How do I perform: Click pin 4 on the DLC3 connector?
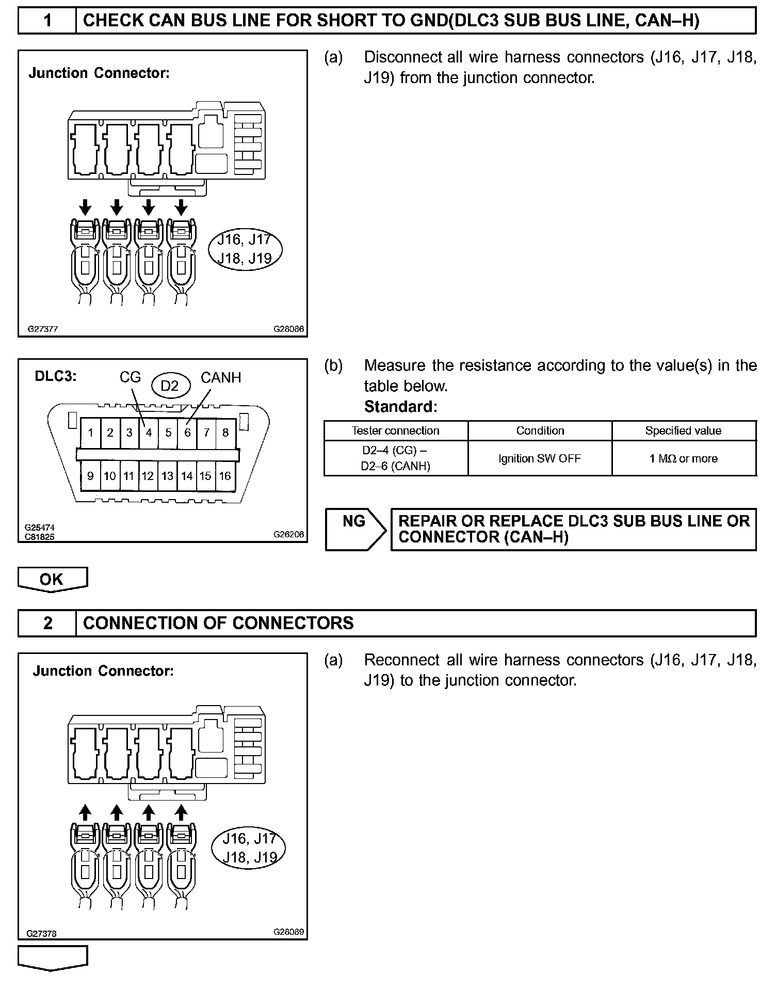coord(149,433)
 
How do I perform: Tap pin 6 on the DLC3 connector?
coord(187,433)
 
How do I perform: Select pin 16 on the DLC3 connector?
coord(225,476)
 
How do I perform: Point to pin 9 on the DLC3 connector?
coord(90,476)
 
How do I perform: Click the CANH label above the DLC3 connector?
coord(221,378)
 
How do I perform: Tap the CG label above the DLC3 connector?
coord(130,377)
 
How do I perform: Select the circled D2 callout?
coord(170,386)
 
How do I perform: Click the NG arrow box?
coord(355,529)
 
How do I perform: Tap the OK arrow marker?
coord(52,579)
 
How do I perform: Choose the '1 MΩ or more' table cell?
coord(684,458)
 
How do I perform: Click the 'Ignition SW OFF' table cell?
coord(540,458)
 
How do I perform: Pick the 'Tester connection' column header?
coord(396,431)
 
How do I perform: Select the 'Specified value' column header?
coord(684,431)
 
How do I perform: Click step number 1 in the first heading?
coord(47,21)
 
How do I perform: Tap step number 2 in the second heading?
coord(47,624)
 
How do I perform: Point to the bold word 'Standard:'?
coord(401,407)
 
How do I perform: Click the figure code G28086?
coord(289,329)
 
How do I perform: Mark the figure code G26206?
coord(289,535)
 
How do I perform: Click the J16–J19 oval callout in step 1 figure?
coord(245,249)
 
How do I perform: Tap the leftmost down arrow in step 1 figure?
coord(86,207)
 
